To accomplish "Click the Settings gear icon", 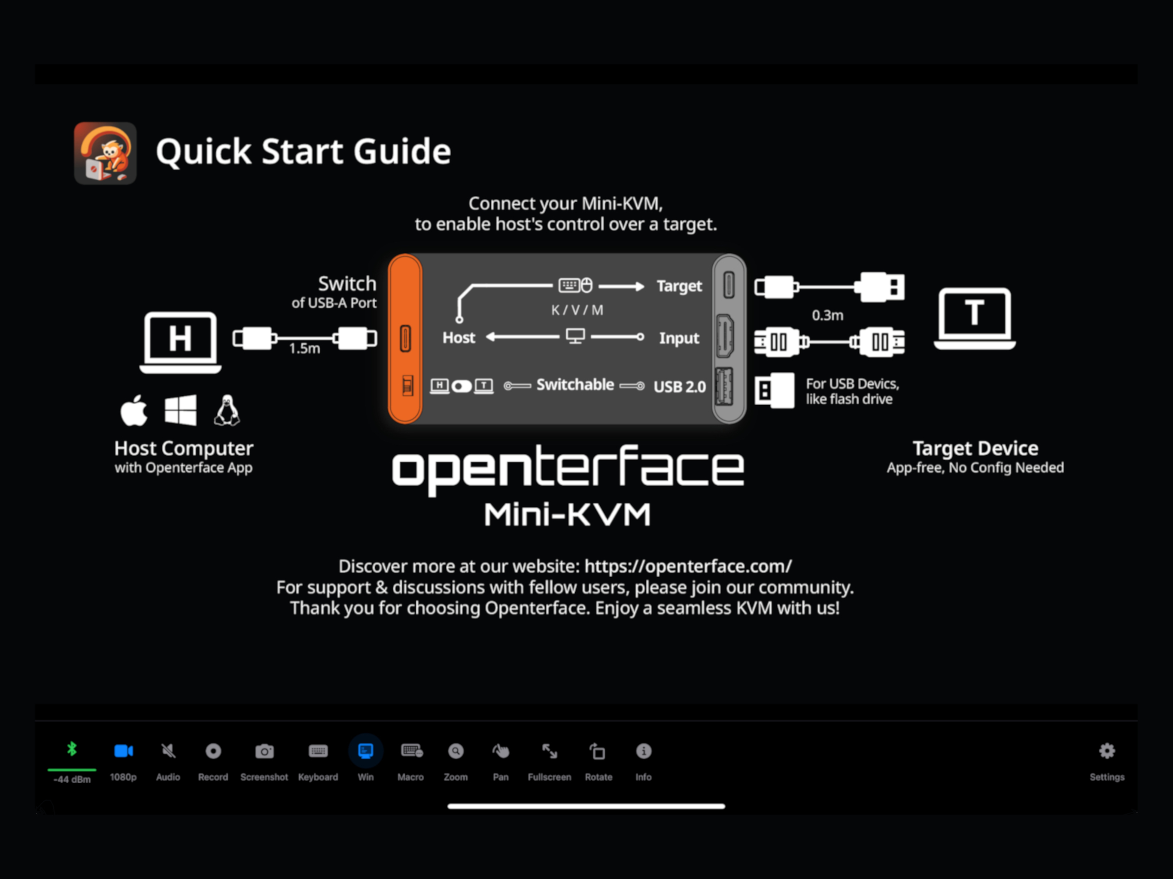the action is click(1107, 751).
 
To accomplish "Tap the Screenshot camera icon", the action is click(264, 751).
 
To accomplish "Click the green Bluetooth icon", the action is click(72, 749).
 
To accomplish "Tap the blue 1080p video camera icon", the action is click(124, 751).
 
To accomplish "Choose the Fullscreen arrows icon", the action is click(550, 751).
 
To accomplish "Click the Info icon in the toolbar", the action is click(643, 751).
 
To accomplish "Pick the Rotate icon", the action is click(598, 751).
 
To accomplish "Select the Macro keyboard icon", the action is click(411, 751).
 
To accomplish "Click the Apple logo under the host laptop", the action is click(134, 410).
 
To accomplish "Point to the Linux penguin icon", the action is click(227, 410).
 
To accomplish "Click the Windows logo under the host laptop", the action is click(180, 410).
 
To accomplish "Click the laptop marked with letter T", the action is click(975, 318).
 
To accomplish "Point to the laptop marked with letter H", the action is click(180, 343).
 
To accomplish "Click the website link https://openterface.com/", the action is click(688, 566).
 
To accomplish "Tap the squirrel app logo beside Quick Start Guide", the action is click(105, 153).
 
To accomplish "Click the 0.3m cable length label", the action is click(827, 315).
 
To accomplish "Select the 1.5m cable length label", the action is click(304, 349).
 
